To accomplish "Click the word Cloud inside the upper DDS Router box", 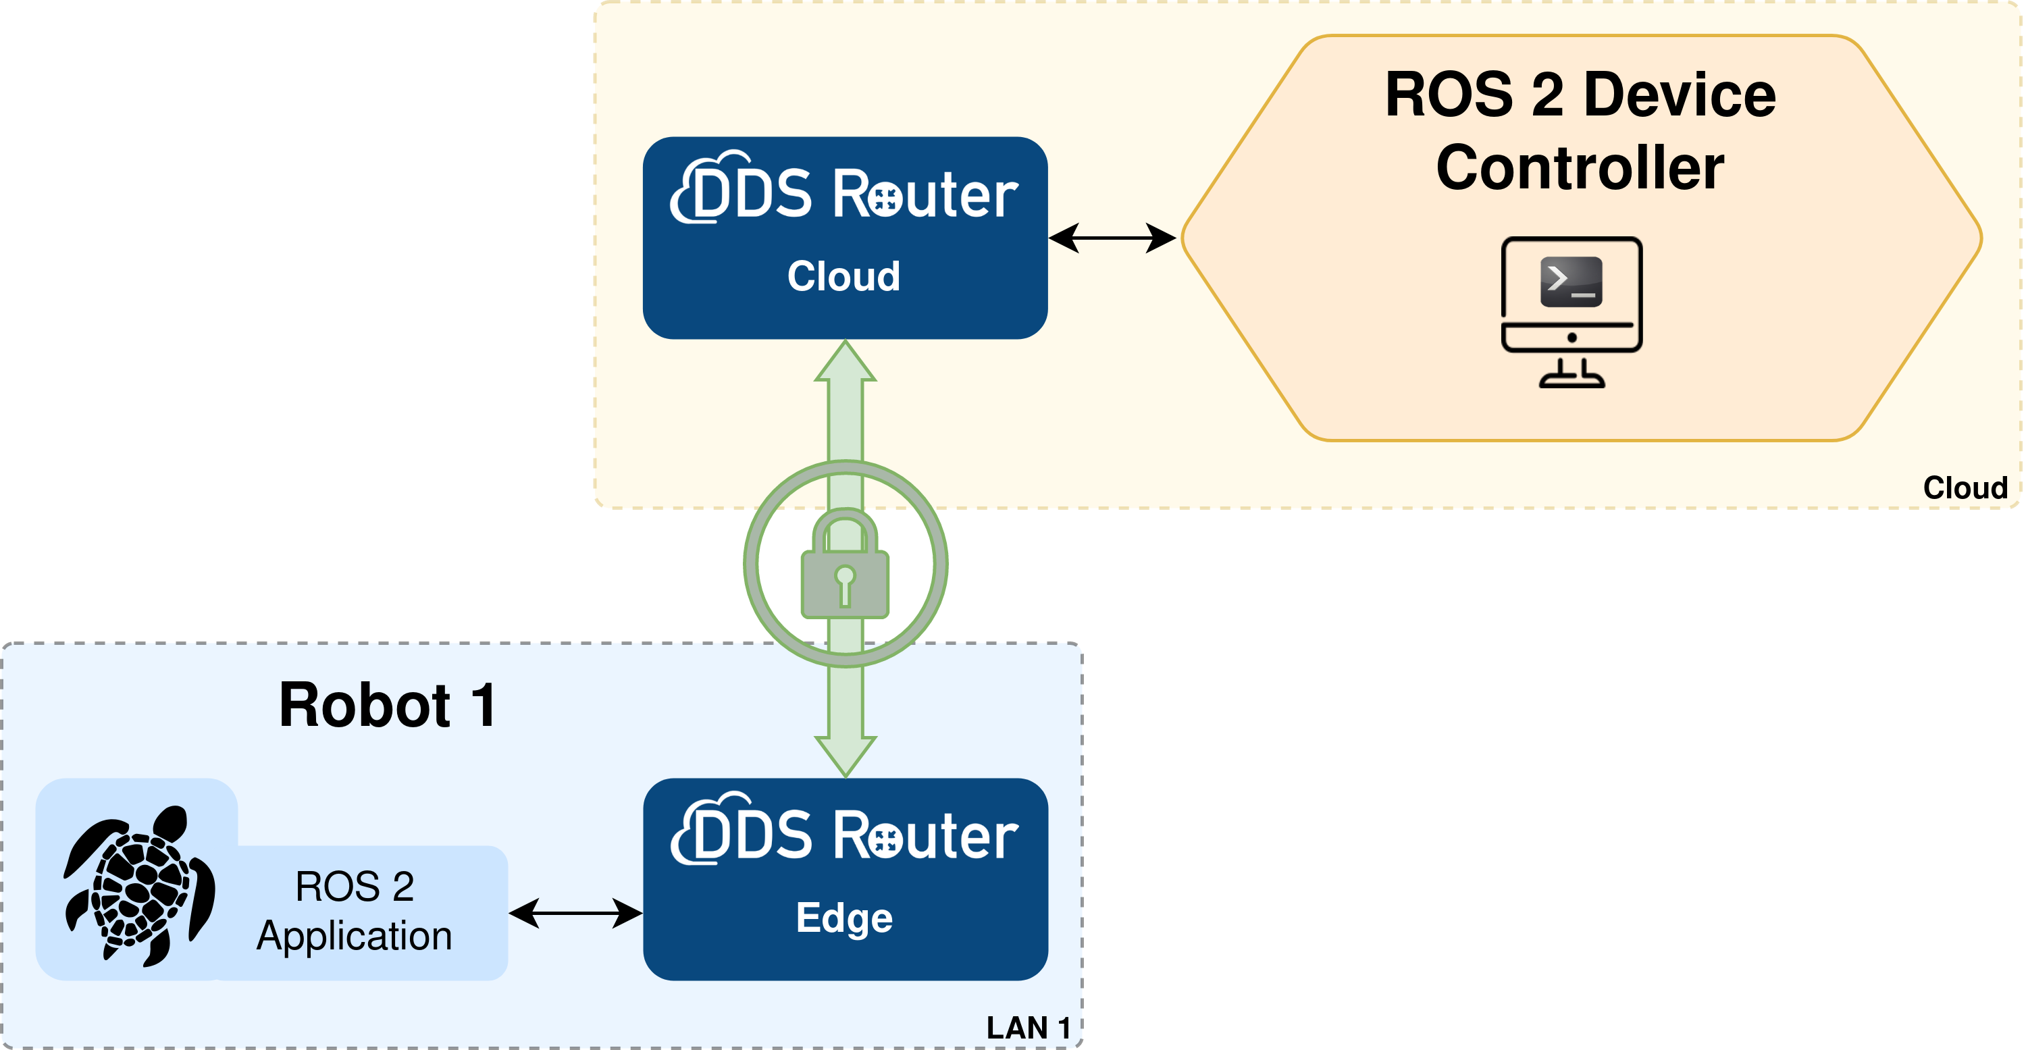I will (x=844, y=276).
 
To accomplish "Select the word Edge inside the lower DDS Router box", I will (x=844, y=918).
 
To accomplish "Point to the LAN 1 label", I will (x=1027, y=1028).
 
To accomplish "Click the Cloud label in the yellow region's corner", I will (x=1964, y=488).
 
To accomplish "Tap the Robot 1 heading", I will (x=388, y=706).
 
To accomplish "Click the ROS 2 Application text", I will (x=354, y=911).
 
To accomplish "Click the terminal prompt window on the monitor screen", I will (x=1571, y=282).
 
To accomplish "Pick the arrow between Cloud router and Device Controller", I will (x=1112, y=238).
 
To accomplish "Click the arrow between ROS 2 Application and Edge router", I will (x=575, y=914).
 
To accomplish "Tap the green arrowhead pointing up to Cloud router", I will (x=845, y=363).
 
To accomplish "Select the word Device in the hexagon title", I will (x=1678, y=95).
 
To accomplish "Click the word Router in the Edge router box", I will (x=925, y=835).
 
